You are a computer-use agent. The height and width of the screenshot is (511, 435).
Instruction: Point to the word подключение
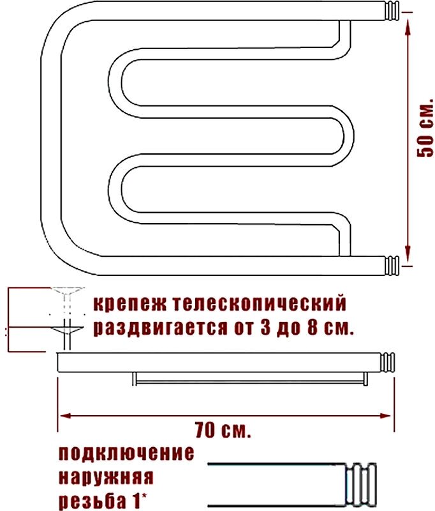126,454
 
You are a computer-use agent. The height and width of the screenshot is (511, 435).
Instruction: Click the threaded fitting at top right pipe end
391,12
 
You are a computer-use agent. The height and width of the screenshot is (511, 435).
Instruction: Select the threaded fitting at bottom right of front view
391,264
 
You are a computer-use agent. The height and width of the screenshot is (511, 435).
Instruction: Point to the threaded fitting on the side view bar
389,361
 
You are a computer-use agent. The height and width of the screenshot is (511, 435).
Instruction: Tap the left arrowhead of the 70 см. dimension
64,416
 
